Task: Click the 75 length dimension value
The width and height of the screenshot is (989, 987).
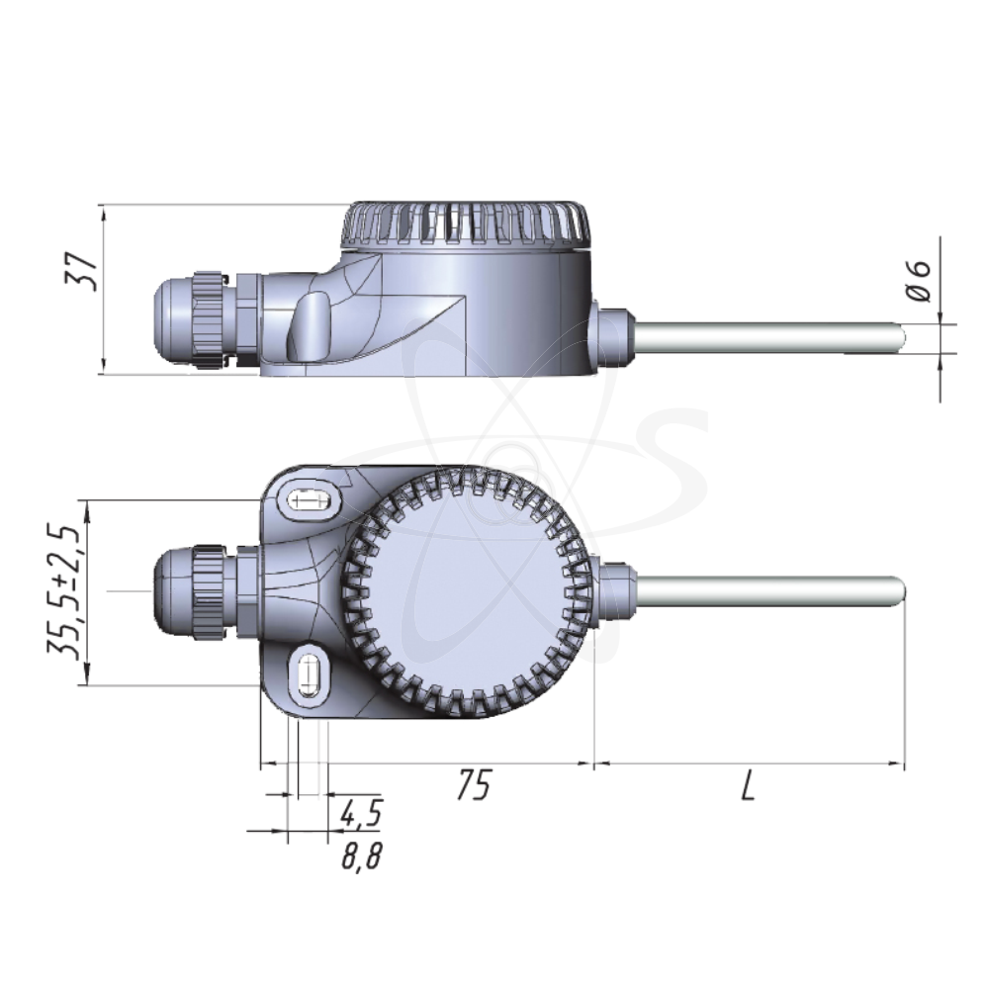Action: [x=474, y=787]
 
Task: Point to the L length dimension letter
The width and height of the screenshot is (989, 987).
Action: [x=748, y=787]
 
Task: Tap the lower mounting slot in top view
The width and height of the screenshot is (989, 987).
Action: [x=310, y=676]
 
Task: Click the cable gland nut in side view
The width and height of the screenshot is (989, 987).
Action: [x=210, y=318]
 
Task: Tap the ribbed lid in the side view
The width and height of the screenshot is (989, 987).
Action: [x=465, y=226]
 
